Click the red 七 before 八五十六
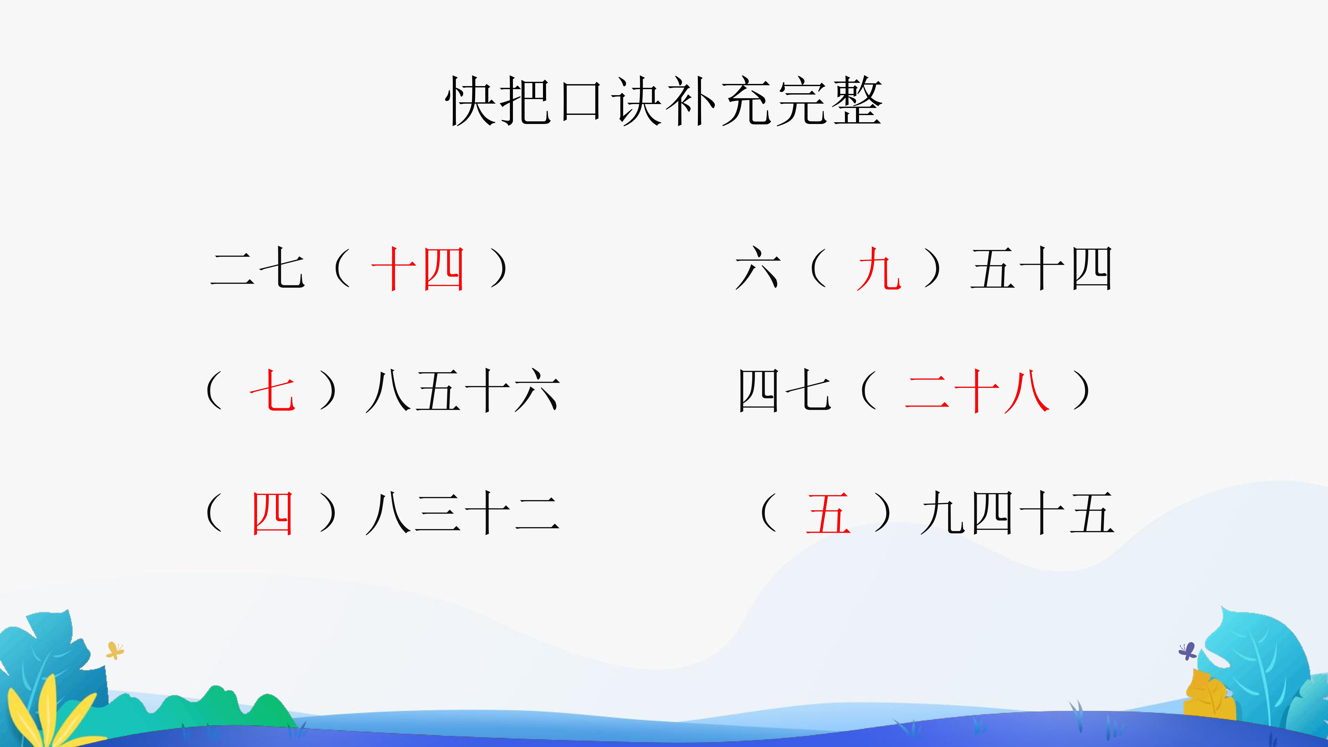(272, 390)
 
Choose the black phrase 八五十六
(463, 390)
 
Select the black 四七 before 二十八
(785, 390)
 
